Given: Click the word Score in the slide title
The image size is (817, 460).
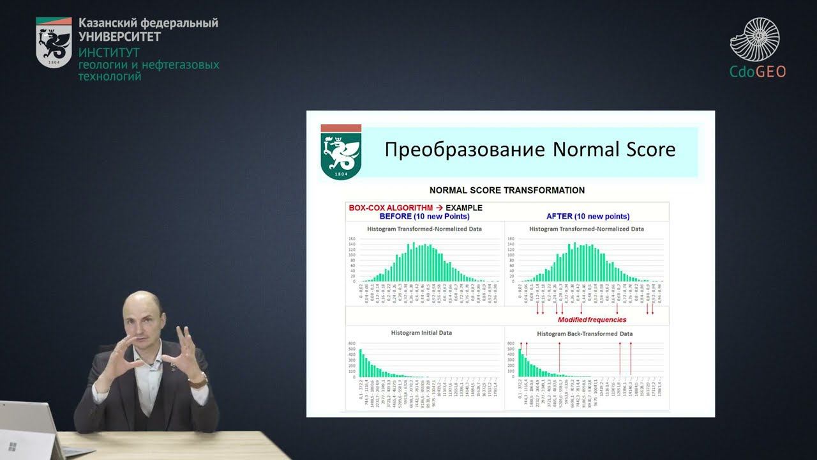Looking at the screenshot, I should coord(645,150).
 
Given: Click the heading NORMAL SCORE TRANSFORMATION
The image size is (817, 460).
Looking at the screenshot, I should coord(507,190).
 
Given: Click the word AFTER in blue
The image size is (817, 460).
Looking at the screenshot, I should coord(559,217).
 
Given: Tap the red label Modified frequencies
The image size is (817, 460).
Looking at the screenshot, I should coord(592,319).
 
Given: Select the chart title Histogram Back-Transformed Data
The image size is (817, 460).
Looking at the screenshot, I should coord(585,333).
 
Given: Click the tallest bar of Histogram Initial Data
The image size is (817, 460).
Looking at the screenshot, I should coord(361,363).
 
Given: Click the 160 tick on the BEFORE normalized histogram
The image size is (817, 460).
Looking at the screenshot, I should coord(352,240).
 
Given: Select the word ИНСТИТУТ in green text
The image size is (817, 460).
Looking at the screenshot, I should coord(109,53).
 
